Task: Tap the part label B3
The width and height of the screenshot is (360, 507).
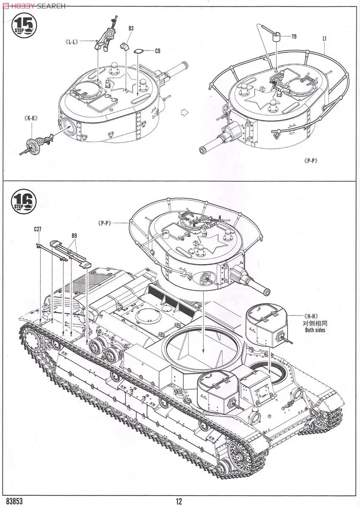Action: coord(131,29)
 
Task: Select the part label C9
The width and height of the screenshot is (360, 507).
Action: coord(157,51)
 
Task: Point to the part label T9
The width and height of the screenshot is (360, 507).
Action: coord(294,37)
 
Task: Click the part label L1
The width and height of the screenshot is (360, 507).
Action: coord(325,38)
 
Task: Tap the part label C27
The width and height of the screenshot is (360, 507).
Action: coord(38,230)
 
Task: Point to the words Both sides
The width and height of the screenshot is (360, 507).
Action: coord(315,330)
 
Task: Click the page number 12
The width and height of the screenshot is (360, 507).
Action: coord(179,501)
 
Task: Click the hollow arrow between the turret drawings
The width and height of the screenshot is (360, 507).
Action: coord(183,112)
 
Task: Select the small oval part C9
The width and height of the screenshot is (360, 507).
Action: coord(139,52)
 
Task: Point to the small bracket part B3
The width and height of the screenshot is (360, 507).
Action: coord(124,46)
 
